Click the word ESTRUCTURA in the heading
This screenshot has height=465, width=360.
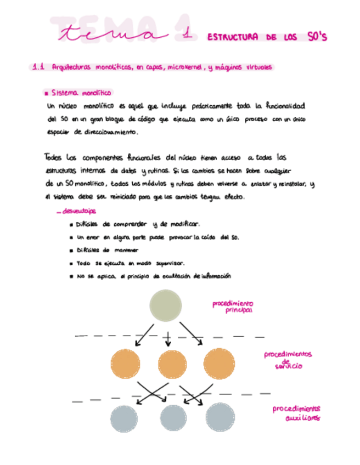(x=233, y=37)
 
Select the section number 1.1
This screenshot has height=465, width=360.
(x=38, y=67)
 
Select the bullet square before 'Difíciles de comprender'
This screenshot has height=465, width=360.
(x=72, y=224)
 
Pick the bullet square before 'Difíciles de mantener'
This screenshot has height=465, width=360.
(x=72, y=250)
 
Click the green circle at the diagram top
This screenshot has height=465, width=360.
(x=166, y=306)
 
